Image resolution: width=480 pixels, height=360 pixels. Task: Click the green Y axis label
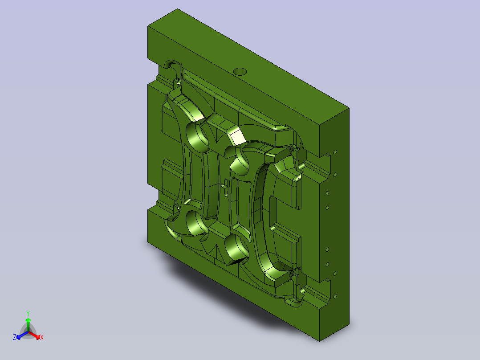coord(28,313)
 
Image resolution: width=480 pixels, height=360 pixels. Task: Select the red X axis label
coord(42,337)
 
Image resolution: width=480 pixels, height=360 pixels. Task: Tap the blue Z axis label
coord(15,337)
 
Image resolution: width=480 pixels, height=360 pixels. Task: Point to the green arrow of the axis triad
coord(28,325)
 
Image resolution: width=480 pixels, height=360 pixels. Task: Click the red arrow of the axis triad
coord(34,335)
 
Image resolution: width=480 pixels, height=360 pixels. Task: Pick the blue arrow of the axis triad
coord(22,335)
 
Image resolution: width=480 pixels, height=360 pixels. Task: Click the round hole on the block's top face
coord(240,72)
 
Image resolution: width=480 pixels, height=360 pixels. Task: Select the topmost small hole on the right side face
coord(335,152)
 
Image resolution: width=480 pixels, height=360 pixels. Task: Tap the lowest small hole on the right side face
coord(335,296)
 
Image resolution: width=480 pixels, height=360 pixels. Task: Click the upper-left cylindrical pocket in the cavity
coord(196,137)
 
